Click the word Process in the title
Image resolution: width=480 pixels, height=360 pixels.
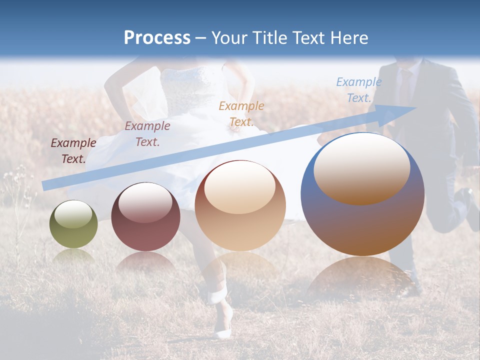[157, 38]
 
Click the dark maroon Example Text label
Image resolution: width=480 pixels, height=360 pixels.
[73, 150]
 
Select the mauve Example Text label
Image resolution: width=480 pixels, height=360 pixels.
[147, 133]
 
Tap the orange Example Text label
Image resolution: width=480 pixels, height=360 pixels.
[241, 113]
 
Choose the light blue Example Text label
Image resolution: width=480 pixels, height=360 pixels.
[359, 89]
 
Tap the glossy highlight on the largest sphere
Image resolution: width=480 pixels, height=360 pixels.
[361, 169]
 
